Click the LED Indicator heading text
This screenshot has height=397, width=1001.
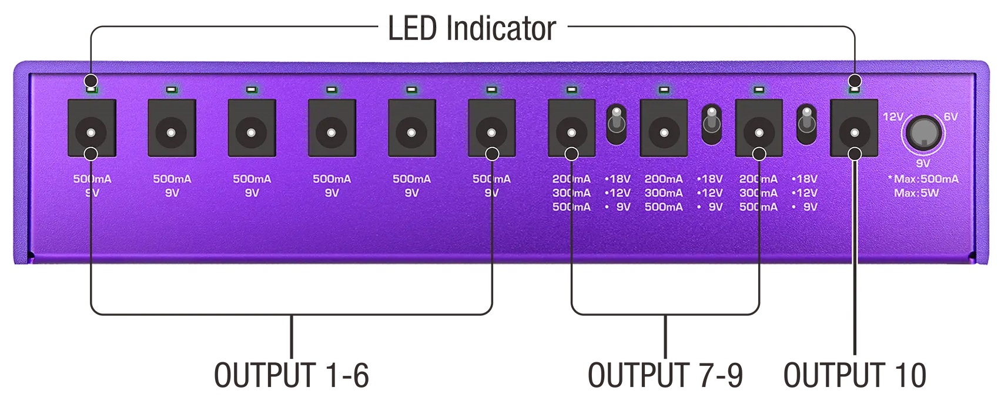[x=471, y=28]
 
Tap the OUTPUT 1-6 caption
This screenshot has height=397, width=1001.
[x=291, y=375]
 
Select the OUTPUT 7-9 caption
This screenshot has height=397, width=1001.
[x=665, y=375]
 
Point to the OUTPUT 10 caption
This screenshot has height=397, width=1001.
[x=855, y=375]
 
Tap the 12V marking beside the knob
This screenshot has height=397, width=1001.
[x=893, y=117]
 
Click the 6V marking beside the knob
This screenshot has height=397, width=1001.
[x=950, y=117]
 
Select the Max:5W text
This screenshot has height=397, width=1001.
[x=916, y=193]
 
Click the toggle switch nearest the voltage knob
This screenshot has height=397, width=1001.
[x=806, y=125]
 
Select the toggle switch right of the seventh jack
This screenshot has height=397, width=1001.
[x=617, y=125]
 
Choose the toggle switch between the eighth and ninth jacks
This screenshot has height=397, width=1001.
[x=712, y=125]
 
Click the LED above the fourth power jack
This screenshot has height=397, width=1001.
[x=332, y=90]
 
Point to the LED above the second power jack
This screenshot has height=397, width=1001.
[x=172, y=90]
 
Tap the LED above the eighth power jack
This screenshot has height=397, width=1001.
[x=664, y=90]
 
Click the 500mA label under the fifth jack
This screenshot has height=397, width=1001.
[x=411, y=179]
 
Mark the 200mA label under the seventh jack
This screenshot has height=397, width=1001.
[x=571, y=179]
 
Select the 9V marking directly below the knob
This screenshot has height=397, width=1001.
[x=923, y=164]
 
